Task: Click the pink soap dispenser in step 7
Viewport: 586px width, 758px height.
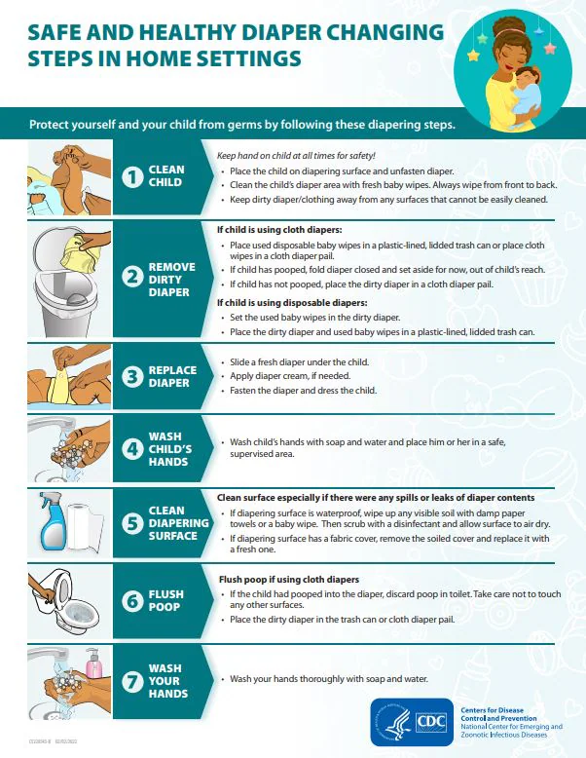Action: [x=93, y=664]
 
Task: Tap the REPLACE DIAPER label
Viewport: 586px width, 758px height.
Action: [x=171, y=376]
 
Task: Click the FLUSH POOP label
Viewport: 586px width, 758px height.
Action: [x=165, y=600]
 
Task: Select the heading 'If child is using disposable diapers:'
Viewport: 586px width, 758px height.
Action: [x=284, y=303]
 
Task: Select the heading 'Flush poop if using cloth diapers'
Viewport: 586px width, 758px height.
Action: [x=287, y=580]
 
